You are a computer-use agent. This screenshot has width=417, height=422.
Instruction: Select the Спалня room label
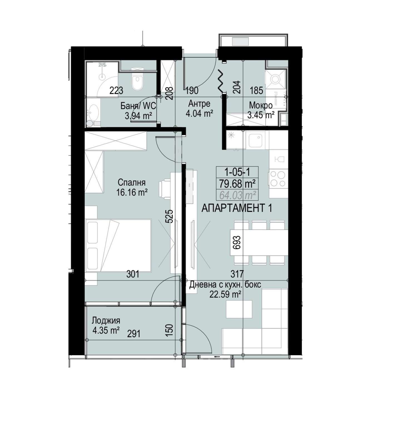(x=131, y=183)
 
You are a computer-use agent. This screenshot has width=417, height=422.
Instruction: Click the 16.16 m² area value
(x=132, y=192)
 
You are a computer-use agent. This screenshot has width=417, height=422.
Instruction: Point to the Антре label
(x=199, y=104)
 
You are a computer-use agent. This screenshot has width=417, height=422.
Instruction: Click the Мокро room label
(x=260, y=105)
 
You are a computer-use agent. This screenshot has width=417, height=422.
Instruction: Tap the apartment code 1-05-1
(x=237, y=172)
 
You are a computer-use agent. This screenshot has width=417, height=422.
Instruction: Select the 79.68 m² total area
(x=237, y=184)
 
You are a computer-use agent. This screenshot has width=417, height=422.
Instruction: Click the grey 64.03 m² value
(x=237, y=195)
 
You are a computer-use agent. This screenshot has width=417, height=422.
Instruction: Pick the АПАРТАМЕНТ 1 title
(x=236, y=208)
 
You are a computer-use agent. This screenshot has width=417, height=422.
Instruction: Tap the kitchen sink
(x=257, y=140)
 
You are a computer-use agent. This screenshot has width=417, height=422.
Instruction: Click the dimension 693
(x=237, y=242)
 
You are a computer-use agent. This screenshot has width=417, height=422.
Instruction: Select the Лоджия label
(x=106, y=321)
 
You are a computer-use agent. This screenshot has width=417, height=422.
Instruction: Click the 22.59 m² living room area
(x=225, y=294)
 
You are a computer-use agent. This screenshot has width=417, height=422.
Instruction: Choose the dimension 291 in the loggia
(x=133, y=333)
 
